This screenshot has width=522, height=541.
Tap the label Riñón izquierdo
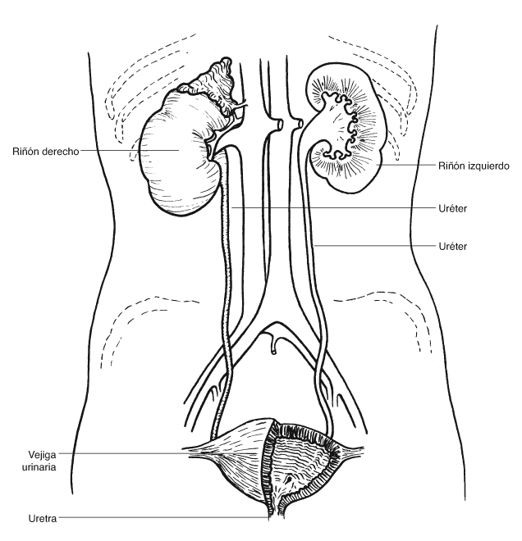[476, 165]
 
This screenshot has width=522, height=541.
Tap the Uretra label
[42, 518]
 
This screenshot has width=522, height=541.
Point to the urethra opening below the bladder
[272, 512]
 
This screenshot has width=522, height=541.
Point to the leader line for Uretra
[164, 517]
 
